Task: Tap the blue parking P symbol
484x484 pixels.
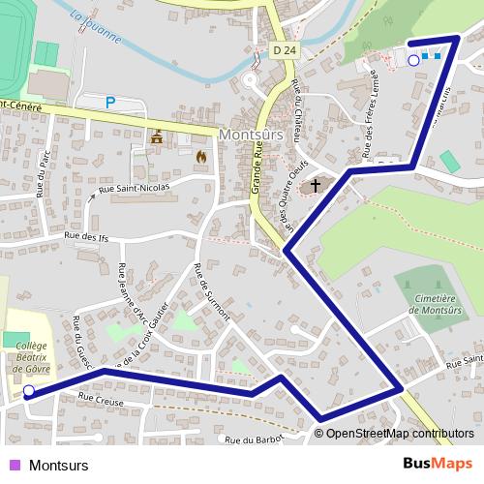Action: pyautogui.click(x=110, y=101)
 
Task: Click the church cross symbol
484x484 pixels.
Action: pyautogui.click(x=316, y=186)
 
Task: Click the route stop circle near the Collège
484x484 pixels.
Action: pyautogui.click(x=29, y=391)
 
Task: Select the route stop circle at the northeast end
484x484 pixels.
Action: pyautogui.click(x=413, y=60)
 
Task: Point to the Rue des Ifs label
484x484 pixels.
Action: pyautogui.click(x=84, y=236)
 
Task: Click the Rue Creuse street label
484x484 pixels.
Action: pyautogui.click(x=100, y=398)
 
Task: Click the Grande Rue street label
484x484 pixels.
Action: pyautogui.click(x=257, y=165)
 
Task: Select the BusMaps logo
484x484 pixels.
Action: pyautogui.click(x=437, y=464)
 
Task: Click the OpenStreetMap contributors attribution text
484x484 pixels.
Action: pyautogui.click(x=400, y=434)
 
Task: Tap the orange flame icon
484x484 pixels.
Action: pyautogui.click(x=200, y=155)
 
